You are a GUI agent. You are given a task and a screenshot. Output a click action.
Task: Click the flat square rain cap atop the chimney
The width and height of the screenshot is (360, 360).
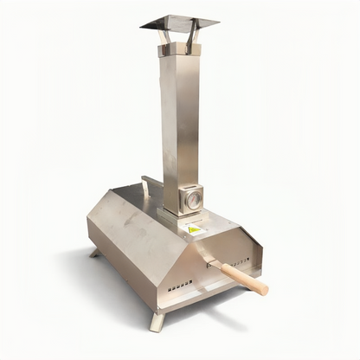click(x=179, y=21)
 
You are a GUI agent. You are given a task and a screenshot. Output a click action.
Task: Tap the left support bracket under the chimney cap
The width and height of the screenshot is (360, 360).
click(x=164, y=36)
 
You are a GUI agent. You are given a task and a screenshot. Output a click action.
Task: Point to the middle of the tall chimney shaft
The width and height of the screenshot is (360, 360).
click(x=180, y=121)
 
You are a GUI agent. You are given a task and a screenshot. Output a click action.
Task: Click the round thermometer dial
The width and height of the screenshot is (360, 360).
click(x=193, y=200)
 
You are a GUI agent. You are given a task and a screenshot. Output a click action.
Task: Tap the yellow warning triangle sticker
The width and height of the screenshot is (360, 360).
click(x=193, y=230)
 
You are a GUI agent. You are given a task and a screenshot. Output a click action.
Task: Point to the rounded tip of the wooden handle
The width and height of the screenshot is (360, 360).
click(x=265, y=290)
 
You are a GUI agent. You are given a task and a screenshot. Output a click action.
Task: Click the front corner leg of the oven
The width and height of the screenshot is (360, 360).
click(x=157, y=321)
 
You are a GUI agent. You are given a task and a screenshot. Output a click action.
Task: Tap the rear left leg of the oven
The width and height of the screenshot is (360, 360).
click(x=94, y=253)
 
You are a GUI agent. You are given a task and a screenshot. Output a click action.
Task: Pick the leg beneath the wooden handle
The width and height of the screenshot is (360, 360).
click(x=253, y=286)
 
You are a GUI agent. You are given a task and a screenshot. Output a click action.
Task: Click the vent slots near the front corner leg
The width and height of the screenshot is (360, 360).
click(x=180, y=284)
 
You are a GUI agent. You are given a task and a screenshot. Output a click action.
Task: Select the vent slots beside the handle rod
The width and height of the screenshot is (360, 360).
click(x=241, y=261)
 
